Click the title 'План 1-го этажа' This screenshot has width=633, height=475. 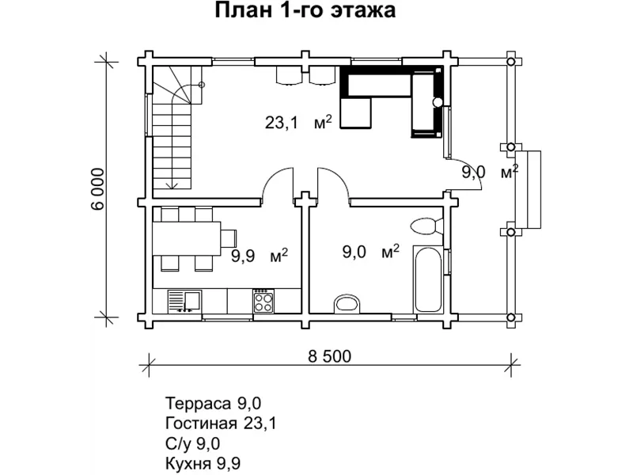pos(305,12)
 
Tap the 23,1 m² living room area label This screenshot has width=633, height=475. pos(298,123)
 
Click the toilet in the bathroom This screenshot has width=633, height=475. pos(425,226)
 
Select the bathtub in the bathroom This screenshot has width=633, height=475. pos(430,280)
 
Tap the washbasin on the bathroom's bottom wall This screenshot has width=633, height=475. pos(347,303)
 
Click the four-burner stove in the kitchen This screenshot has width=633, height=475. pos(263,301)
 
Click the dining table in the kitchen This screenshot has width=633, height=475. pos(188,237)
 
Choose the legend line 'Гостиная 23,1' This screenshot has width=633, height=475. pos(222,423)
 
